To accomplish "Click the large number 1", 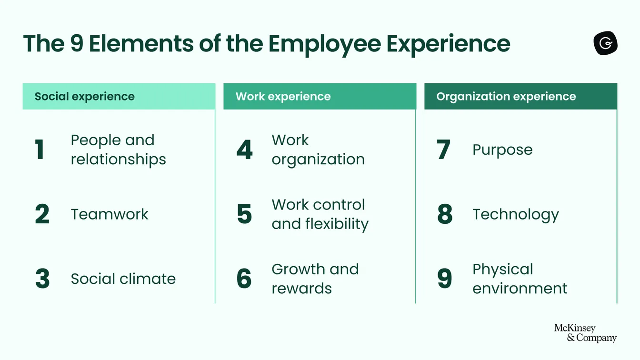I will [x=40, y=150].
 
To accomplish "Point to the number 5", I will [x=244, y=214].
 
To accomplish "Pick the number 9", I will [x=445, y=279].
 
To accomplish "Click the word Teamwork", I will [x=110, y=214].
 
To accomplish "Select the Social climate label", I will [x=123, y=279].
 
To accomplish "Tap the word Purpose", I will [x=502, y=150].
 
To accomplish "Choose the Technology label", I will [x=515, y=215].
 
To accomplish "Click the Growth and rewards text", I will [x=315, y=279].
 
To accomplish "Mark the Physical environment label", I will [x=520, y=279].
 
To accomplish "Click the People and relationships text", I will [x=118, y=150].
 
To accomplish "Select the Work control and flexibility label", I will [x=320, y=214].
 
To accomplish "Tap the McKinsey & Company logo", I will [x=585, y=333].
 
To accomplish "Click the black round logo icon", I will [x=605, y=44].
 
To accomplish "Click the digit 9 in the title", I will [x=77, y=43].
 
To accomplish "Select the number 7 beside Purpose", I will [x=443, y=150].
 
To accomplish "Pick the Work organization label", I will [x=318, y=150].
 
